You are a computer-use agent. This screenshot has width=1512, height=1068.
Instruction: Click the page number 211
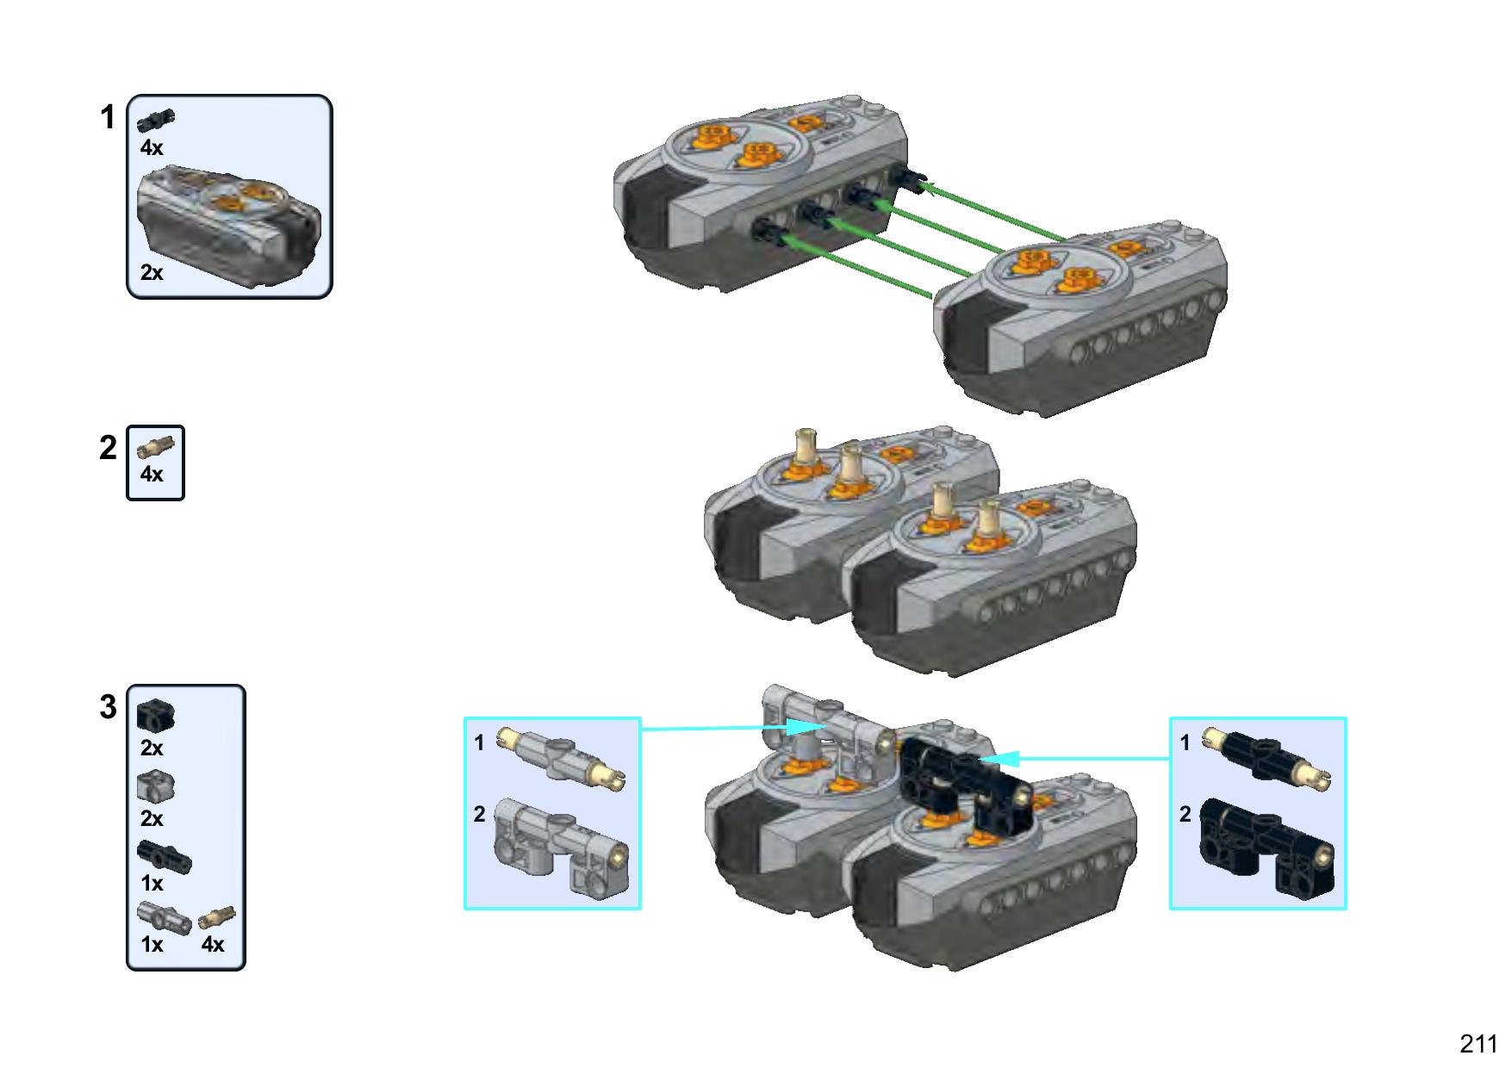point(1478,1043)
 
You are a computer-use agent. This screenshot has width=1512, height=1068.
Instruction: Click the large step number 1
point(107,118)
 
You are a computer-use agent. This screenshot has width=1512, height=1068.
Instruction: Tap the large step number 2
point(108,448)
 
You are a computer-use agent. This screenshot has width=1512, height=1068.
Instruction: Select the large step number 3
point(108,707)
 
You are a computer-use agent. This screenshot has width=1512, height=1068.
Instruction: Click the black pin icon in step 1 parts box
point(157,121)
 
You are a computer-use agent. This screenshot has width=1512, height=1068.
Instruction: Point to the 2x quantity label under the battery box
point(152,272)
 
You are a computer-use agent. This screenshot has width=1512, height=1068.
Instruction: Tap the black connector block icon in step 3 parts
point(156,714)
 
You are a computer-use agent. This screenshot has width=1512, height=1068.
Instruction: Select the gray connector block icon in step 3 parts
point(156,785)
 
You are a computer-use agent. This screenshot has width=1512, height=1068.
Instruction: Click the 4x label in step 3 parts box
point(213,945)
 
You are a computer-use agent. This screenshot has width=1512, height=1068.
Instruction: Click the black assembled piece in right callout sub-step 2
point(1268,848)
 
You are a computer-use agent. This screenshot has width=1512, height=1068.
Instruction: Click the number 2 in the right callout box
point(1185,814)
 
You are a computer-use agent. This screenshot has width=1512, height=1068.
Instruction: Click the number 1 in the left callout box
point(480,742)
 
